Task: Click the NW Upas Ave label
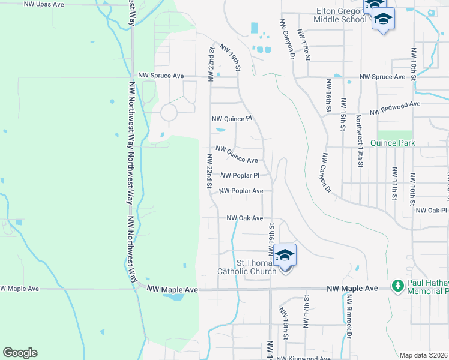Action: pos(43,4)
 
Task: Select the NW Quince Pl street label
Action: pos(232,119)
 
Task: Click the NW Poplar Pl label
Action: pos(240,176)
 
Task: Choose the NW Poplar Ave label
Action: pos(241,191)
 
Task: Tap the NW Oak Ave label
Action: pos(244,218)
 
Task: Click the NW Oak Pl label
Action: pos(432,211)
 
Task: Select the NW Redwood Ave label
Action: pos(395,108)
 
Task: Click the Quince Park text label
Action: pos(393,143)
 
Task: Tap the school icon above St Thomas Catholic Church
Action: pos(286,255)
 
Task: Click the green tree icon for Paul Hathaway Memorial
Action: pos(397,284)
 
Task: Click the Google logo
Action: pos(20,353)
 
